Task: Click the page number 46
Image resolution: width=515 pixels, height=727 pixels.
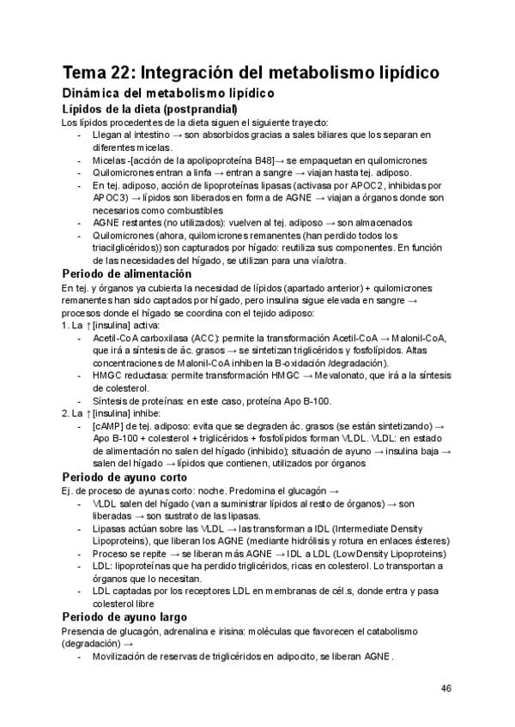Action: tap(447, 689)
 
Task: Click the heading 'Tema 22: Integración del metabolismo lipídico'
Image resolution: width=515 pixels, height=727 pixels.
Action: tap(251, 73)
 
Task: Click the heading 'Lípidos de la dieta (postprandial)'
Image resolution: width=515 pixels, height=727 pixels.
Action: tap(150, 110)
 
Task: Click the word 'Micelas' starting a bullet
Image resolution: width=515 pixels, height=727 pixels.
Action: tap(108, 160)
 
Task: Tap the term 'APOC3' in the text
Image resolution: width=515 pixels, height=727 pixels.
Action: tap(109, 198)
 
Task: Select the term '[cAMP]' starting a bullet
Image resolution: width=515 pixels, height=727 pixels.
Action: tap(107, 425)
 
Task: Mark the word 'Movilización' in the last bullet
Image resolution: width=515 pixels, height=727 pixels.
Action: tap(120, 656)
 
